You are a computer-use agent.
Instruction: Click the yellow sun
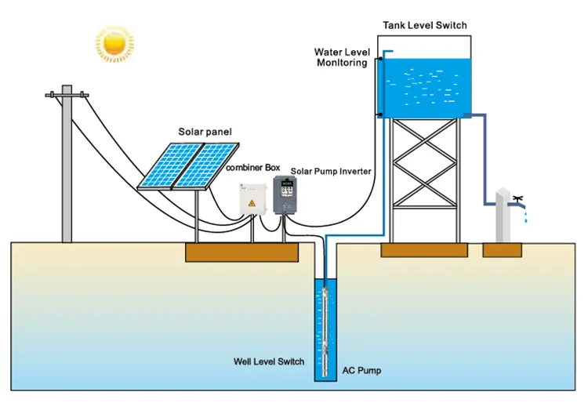click(114, 45)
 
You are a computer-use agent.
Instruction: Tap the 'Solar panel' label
click(205, 132)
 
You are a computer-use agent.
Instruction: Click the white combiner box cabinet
click(255, 201)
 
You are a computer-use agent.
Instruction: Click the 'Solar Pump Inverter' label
click(330, 170)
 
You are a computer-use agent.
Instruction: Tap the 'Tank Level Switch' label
click(424, 25)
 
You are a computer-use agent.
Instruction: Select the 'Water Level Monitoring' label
click(341, 57)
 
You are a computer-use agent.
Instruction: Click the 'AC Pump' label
click(361, 369)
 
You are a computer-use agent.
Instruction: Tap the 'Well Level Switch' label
click(269, 361)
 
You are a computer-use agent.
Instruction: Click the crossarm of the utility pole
click(67, 96)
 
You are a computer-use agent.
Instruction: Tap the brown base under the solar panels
click(241, 252)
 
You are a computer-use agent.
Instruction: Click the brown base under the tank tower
click(424, 250)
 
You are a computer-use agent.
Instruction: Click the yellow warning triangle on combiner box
click(252, 205)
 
